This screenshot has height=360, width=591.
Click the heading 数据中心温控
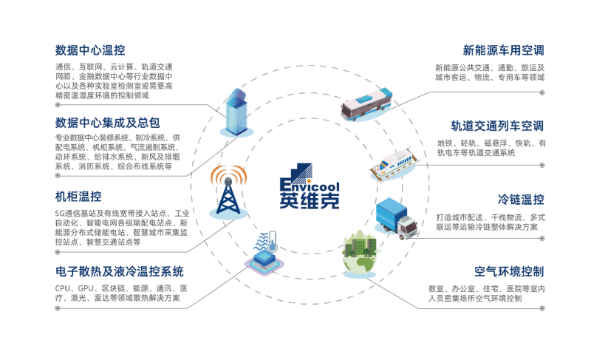(90, 50)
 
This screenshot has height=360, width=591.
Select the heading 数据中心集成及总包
(108, 121)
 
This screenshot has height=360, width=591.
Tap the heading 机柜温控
(78, 197)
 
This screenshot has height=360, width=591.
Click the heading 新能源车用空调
(503, 51)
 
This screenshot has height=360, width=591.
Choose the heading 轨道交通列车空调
(497, 125)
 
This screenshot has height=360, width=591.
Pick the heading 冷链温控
(521, 200)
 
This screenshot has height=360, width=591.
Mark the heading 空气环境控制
(509, 271)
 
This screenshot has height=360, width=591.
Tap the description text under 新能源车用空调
(488, 72)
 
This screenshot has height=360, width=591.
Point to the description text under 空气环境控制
(485, 293)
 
